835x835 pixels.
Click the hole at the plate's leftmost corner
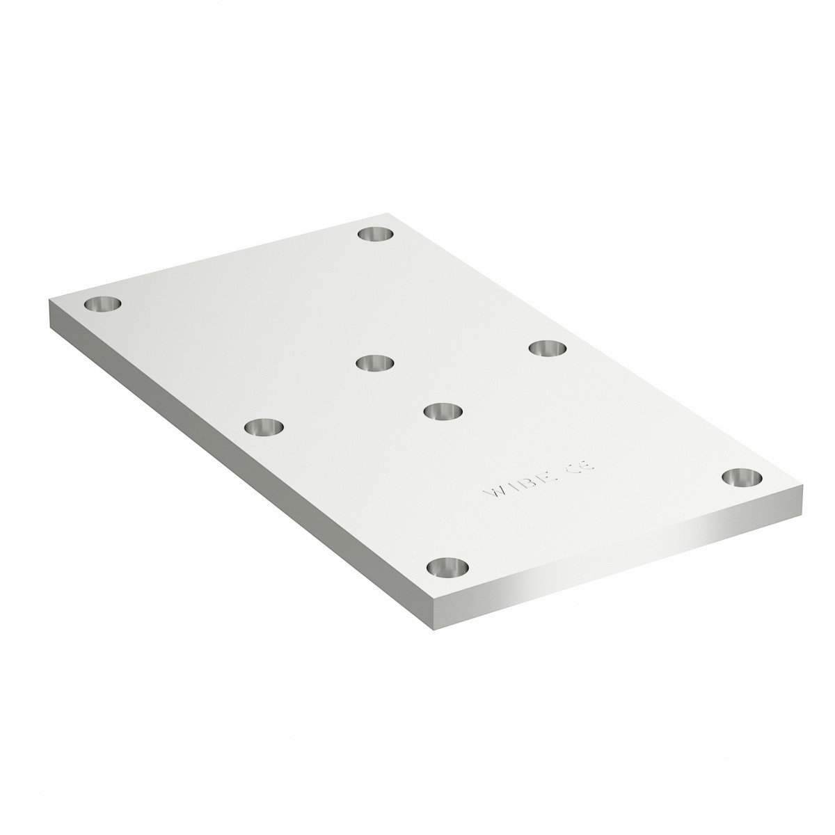[x=102, y=304]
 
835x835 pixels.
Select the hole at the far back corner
[x=375, y=234]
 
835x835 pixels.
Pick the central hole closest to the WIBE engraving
[x=444, y=411]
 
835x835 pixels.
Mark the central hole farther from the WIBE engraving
[x=374, y=363]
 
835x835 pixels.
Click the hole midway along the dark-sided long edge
[x=264, y=426]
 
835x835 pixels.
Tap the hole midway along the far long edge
[x=548, y=347]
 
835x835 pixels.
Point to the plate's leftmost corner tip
[x=51, y=301]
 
